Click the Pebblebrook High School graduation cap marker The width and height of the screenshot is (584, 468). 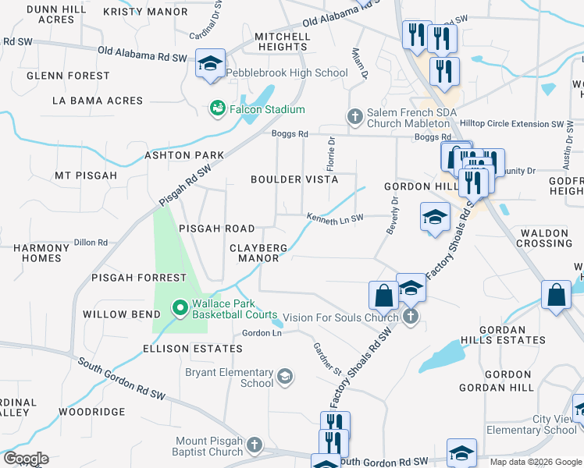210,63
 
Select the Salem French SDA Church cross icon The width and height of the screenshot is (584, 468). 354,116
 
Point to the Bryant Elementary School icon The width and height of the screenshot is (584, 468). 285,378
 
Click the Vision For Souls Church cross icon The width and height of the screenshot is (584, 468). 411,316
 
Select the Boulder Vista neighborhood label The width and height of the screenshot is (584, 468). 294,179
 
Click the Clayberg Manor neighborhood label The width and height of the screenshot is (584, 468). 258,253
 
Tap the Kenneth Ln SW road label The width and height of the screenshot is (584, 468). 335,218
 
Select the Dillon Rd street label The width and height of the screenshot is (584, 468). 91,243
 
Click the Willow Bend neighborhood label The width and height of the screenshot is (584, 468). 116,314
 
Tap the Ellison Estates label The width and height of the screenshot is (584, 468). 183,349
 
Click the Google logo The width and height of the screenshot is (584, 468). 26,459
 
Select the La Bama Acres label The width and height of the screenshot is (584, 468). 98,101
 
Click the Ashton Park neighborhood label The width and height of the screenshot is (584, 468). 184,155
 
